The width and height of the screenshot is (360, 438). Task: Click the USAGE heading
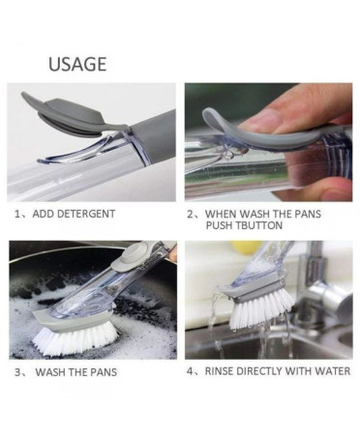point(77,64)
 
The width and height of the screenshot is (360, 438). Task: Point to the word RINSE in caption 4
point(220,371)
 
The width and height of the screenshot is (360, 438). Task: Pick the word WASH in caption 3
point(51,372)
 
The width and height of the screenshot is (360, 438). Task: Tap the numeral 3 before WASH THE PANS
point(17,372)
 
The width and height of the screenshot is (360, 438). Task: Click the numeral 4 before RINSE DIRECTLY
point(191,371)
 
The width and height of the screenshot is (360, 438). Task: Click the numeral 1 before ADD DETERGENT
point(17,214)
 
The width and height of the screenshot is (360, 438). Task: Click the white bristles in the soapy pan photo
point(75,337)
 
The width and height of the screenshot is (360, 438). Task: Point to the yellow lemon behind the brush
point(246,247)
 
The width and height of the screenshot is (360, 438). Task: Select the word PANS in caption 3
point(104,372)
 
